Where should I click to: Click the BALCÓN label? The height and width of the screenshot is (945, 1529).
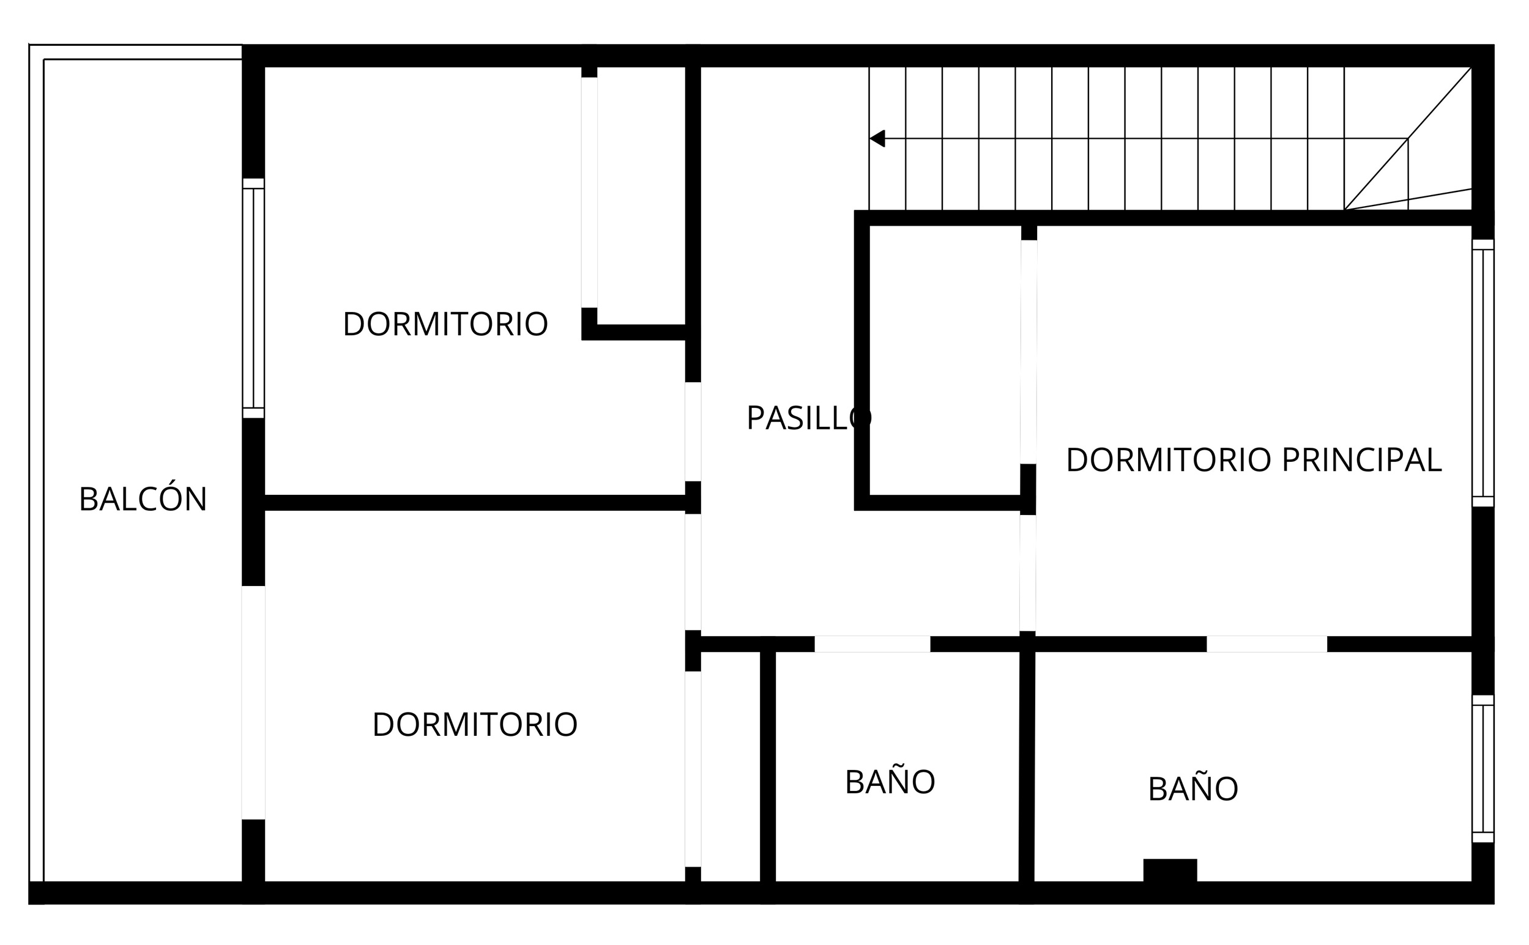143,499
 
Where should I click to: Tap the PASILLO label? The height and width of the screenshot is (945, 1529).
809,418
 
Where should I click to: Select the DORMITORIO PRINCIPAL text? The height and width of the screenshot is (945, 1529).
1253,461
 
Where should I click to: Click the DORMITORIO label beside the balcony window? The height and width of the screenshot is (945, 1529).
445,324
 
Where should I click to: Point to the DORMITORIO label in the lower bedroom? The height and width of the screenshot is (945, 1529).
474,725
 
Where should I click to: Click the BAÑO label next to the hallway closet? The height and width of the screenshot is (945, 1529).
890,782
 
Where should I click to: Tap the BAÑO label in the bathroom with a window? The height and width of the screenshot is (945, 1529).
1192,790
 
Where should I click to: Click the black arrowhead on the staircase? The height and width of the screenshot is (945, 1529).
877,138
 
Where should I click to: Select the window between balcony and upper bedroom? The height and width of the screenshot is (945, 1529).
253,298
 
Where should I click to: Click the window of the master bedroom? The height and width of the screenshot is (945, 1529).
1482,373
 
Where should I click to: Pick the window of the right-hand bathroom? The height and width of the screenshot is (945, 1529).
1482,769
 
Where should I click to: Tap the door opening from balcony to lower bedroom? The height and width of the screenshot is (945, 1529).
253,703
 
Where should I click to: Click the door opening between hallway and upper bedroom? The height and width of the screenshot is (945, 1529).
693,431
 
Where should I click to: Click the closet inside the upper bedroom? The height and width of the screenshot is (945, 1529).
641,194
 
